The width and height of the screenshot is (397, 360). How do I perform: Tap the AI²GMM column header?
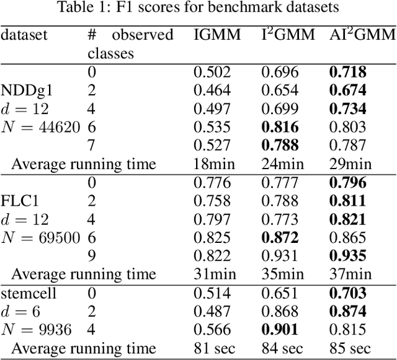pos(362,35)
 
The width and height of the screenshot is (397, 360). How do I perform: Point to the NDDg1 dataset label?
pos(28,91)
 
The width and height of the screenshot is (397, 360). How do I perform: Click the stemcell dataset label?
pos(29,294)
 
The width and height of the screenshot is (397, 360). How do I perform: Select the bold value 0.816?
pos(280,128)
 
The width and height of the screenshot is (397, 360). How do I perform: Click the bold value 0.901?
pos(280,330)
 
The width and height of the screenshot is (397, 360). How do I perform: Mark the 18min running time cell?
pos(215,164)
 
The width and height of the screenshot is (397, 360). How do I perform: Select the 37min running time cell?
pos(349,274)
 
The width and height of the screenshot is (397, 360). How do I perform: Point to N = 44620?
pos(40,128)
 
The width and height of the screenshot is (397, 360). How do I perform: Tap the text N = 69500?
pos(40,238)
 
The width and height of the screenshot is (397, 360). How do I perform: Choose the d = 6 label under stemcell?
pos(22,312)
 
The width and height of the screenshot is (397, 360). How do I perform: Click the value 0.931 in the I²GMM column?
pos(280,256)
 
